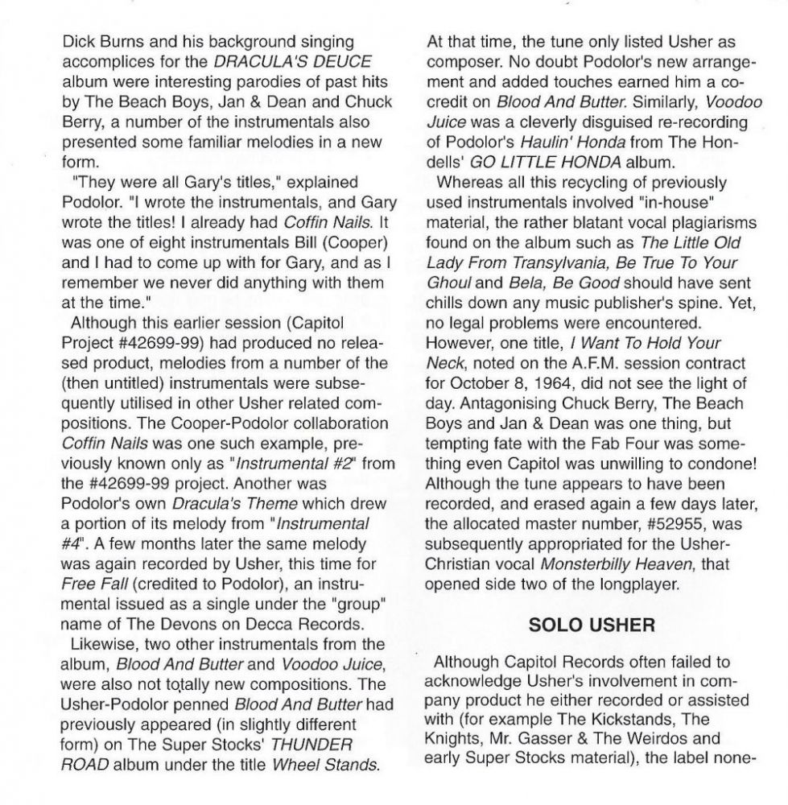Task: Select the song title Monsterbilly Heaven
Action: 625,560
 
